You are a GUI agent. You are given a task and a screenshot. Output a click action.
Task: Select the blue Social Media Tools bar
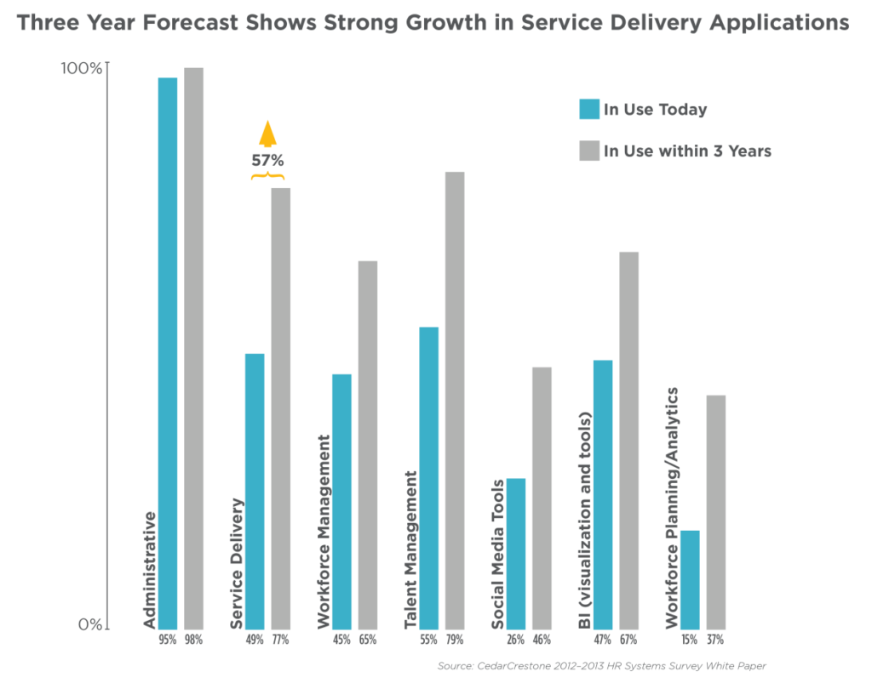517,553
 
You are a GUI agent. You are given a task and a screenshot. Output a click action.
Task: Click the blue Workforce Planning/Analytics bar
690,578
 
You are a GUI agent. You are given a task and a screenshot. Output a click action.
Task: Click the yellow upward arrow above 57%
268,134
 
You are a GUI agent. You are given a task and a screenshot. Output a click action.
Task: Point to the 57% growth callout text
267,160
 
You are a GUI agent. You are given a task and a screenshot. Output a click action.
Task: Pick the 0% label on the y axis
89,624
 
